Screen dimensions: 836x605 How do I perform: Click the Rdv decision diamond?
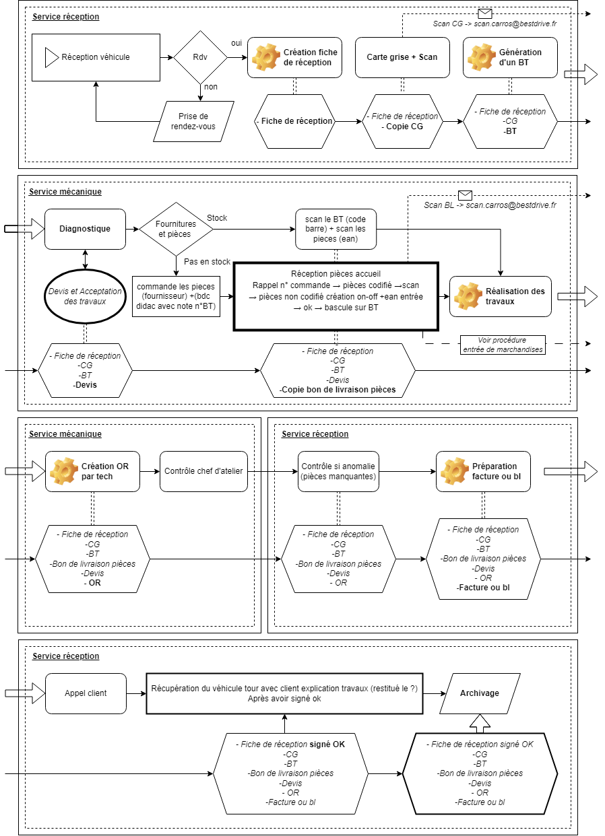(200, 57)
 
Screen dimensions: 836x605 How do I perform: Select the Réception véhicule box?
(96, 57)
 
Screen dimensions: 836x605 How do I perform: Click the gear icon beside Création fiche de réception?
(265, 57)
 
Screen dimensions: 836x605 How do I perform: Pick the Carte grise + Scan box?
(402, 57)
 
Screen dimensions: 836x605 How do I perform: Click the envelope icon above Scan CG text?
(485, 13)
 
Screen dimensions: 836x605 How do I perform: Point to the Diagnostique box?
(85, 229)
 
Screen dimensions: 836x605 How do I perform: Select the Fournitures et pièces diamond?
(176, 229)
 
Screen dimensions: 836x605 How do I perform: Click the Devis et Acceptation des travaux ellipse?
(85, 296)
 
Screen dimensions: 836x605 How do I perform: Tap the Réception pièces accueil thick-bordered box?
(336, 296)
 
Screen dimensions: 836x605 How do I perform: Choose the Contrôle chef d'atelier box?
(203, 471)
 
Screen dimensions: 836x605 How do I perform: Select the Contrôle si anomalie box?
(339, 471)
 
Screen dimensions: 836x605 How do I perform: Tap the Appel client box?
(86, 693)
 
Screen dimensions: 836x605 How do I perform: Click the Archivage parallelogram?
(479, 693)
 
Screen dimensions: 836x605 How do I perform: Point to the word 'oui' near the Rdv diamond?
(236, 42)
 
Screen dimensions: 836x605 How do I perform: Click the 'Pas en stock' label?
(207, 262)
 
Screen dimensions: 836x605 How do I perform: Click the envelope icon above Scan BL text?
(464, 195)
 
